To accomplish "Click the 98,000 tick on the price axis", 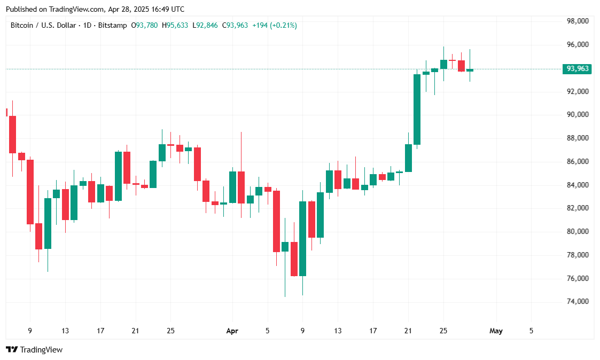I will click(578, 21).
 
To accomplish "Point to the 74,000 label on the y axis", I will click(578, 302).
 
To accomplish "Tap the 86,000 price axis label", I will click(578, 161).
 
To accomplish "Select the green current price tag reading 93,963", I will click(578, 68).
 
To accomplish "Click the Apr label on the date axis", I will click(232, 331).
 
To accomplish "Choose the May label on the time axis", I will click(496, 331).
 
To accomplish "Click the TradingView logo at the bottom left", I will click(34, 350).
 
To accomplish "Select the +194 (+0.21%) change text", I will click(275, 25).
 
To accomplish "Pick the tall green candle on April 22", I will click(417, 109).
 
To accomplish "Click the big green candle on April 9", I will click(302, 238).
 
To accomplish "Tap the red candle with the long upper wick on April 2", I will click(241, 187).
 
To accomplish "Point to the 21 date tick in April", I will click(408, 331).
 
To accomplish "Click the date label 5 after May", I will click(531, 331).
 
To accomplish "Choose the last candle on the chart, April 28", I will click(470, 70).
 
